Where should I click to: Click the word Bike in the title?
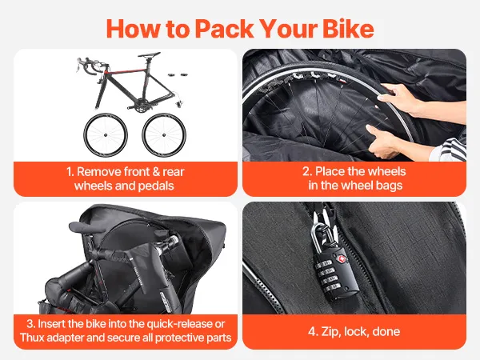point(348,29)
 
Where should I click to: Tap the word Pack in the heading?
point(224,29)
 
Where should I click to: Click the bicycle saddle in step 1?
point(149,55)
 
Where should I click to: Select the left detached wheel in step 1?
point(106,135)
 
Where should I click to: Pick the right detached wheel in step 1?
point(164,135)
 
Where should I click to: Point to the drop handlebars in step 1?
point(89,66)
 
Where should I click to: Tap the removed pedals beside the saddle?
point(178,74)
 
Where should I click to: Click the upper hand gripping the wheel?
point(398,98)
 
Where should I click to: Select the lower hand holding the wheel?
point(382,141)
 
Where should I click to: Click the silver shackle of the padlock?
point(316,236)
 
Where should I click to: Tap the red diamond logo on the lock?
point(342,259)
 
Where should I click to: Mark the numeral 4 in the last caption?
point(312,331)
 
